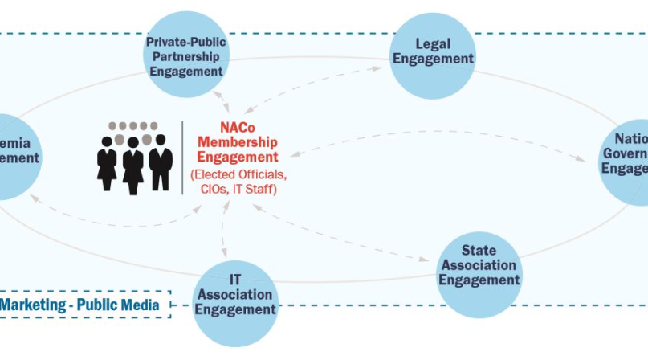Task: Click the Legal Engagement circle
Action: pyautogui.click(x=433, y=52)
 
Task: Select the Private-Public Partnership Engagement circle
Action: pyautogui.click(x=185, y=55)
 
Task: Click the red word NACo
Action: pyautogui.click(x=238, y=127)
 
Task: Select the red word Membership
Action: pyautogui.click(x=238, y=142)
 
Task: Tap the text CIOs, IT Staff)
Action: pyautogui.click(x=238, y=190)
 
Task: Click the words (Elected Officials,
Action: pyautogui.click(x=238, y=174)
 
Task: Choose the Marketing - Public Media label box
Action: pyautogui.click(x=84, y=305)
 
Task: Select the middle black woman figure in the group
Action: pyautogui.click(x=133, y=166)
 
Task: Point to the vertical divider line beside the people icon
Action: pyautogui.click(x=182, y=157)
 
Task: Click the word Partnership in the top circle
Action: pyautogui.click(x=185, y=55)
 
